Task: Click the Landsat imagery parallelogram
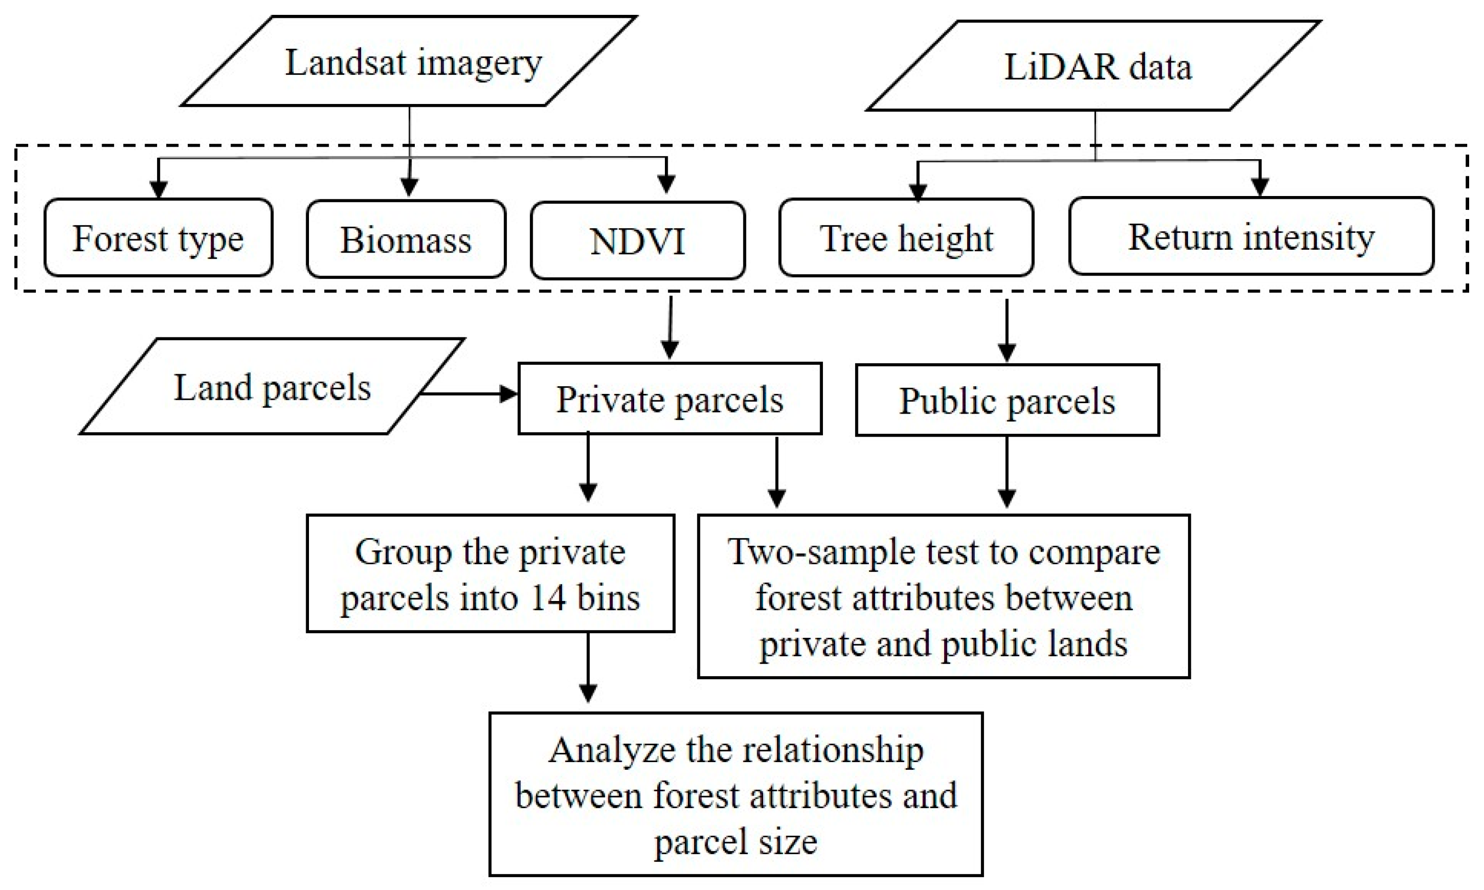tap(410, 62)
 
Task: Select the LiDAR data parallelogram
tap(1095, 66)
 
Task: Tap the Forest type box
tap(158, 238)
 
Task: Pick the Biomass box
tap(406, 239)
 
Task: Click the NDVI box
tap(637, 241)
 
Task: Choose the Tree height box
tap(906, 238)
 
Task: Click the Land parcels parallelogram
tap(272, 386)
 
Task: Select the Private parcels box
tap(670, 399)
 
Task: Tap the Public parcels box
tap(1007, 400)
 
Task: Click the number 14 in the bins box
tap(547, 598)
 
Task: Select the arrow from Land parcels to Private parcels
tap(468, 394)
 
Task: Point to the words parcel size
tap(735, 842)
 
